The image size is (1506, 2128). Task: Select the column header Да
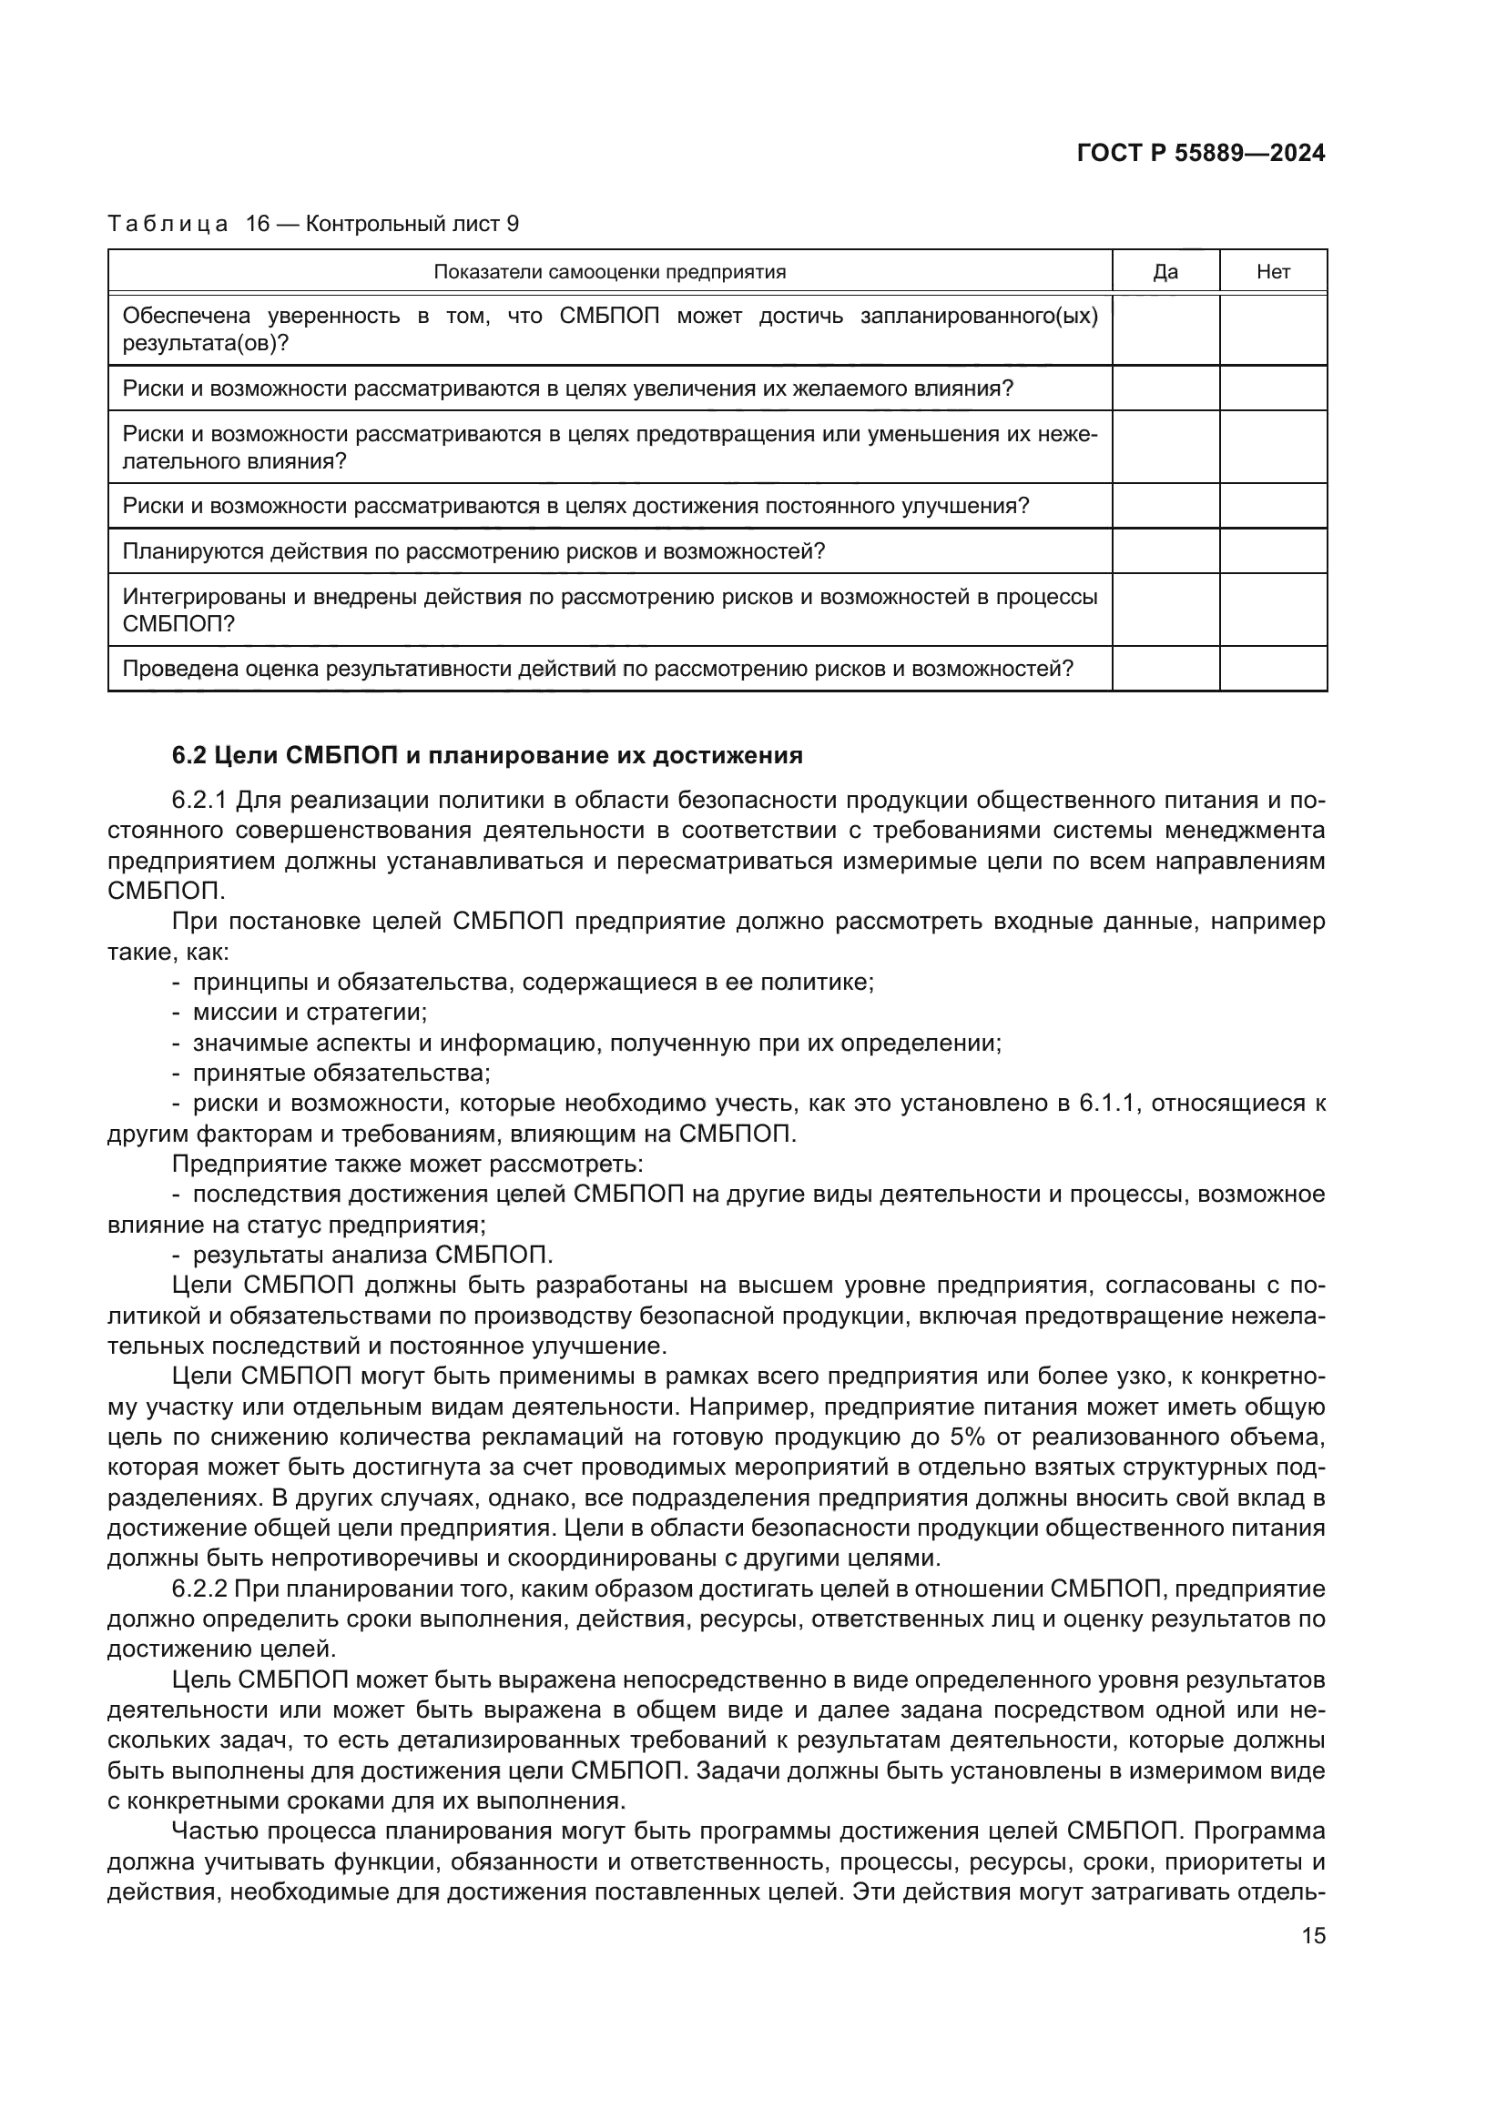[x=1165, y=271]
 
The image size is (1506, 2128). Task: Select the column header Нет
[x=1272, y=271]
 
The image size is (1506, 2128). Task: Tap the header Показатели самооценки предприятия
[x=609, y=271]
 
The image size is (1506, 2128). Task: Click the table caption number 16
[x=257, y=224]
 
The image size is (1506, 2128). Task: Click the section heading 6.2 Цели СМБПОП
[x=487, y=755]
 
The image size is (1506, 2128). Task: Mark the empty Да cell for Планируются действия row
[x=1165, y=551]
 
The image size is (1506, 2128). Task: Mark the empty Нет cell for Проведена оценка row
[x=1272, y=669]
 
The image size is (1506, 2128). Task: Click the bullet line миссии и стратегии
[x=310, y=1012]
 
